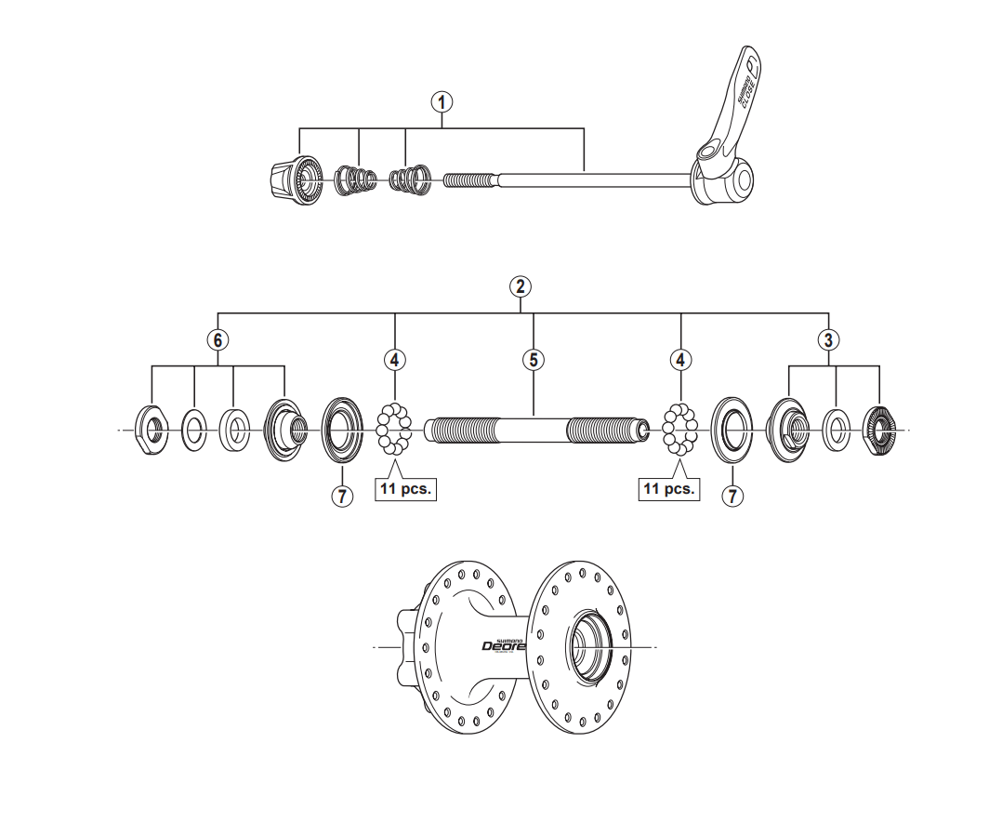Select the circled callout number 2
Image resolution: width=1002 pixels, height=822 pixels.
[521, 285]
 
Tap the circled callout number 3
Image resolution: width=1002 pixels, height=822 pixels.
[827, 339]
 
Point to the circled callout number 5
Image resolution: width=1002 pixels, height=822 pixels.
[534, 359]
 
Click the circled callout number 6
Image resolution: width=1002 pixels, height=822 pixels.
[217, 339]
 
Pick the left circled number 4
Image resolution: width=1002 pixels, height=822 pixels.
[395, 359]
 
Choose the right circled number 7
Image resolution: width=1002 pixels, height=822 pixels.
[733, 496]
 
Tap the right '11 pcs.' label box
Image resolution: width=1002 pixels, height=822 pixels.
[669, 489]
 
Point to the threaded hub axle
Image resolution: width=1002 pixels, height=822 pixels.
[534, 431]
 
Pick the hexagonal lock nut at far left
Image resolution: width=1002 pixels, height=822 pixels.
[152, 429]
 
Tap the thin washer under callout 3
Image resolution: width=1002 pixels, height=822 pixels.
[837, 429]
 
